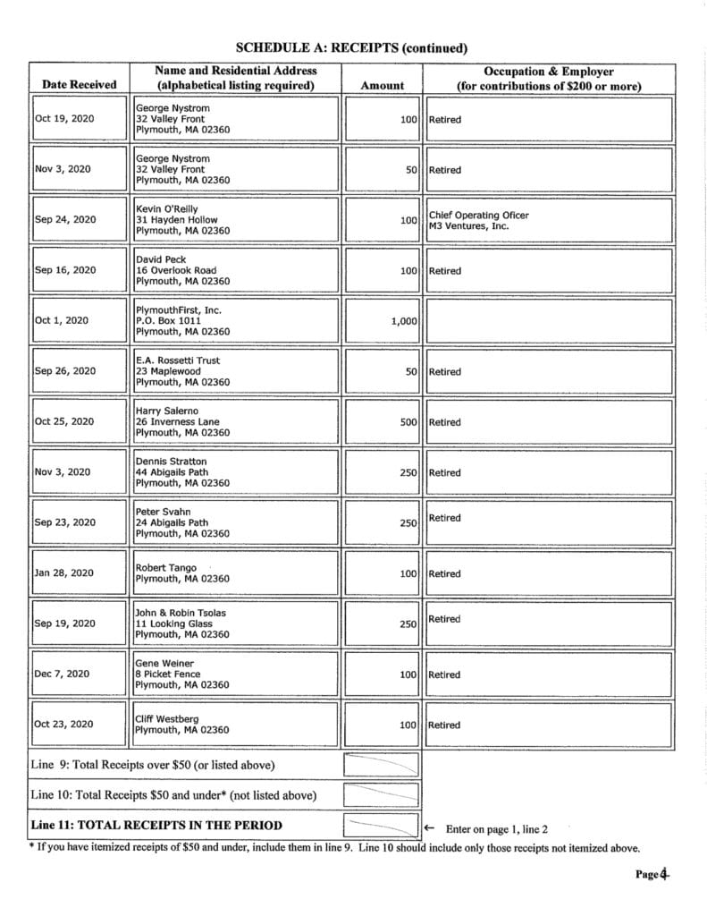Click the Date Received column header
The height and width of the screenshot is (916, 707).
[79, 85]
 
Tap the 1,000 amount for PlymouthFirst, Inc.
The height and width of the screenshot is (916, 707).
[404, 321]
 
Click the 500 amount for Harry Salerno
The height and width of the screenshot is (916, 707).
[408, 422]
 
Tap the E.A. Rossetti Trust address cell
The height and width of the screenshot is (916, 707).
[182, 371]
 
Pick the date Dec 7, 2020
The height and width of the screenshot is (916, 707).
[63, 674]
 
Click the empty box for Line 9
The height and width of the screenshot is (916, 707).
[382, 765]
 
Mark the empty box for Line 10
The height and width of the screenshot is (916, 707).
[382, 794]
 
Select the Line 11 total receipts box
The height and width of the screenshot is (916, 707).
[382, 825]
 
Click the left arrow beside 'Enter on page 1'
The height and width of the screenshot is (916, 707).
[429, 829]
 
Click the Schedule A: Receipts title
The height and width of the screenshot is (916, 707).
[352, 47]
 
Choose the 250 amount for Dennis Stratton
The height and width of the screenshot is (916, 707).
[408, 472]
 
